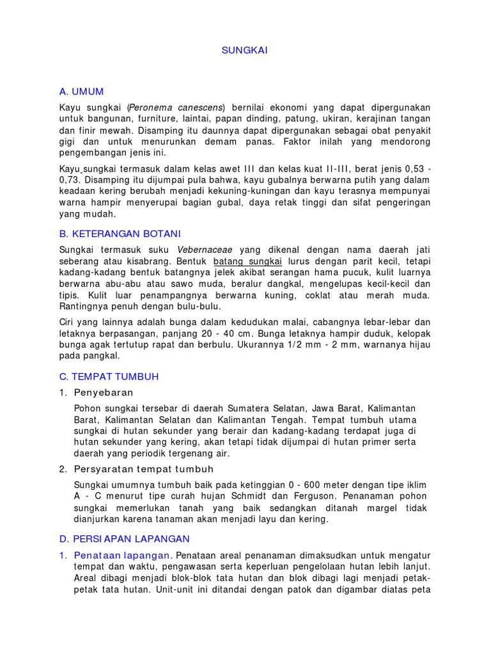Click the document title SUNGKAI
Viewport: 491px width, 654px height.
tap(245, 50)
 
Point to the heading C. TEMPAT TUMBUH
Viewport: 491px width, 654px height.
tap(109, 376)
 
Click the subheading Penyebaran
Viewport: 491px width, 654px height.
tap(104, 392)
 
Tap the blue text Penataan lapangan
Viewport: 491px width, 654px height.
tap(122, 554)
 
